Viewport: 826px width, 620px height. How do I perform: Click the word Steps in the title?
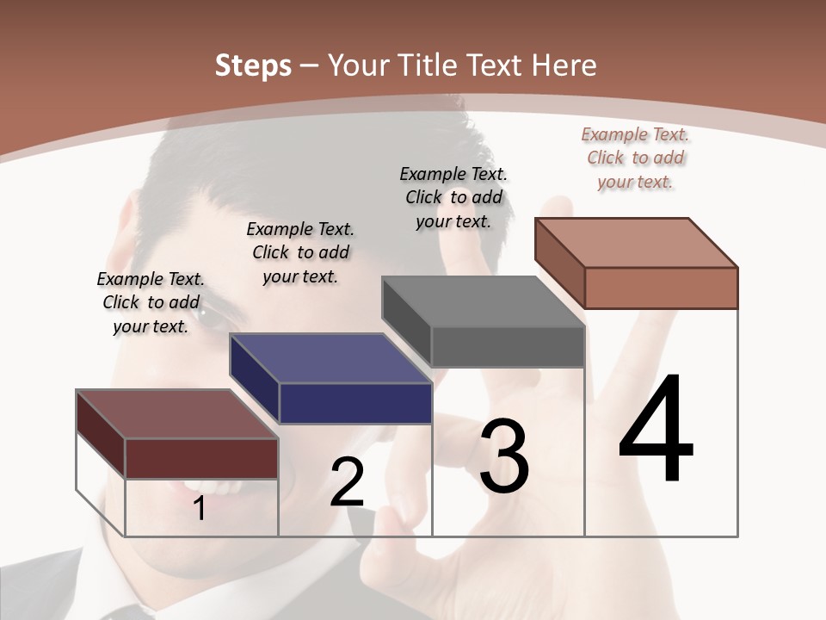pos(253,65)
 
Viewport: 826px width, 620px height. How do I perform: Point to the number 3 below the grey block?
pos(504,456)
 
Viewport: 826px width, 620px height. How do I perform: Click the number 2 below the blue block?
pos(347,482)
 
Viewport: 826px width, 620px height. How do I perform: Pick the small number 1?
pos(200,509)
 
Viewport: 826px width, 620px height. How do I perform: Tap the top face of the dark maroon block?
pos(177,414)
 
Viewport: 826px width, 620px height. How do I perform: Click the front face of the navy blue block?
pos(355,403)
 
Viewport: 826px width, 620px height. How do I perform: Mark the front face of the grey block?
pos(508,347)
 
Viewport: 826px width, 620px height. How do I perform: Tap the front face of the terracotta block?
pos(661,288)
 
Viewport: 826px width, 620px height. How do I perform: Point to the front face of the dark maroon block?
pos(201,458)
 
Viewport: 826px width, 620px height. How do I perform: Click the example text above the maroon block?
pos(151,302)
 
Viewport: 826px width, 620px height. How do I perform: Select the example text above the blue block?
pos(300,252)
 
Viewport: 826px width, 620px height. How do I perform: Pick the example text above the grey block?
pos(453,197)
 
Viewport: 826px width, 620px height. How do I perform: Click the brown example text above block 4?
pos(635,158)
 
